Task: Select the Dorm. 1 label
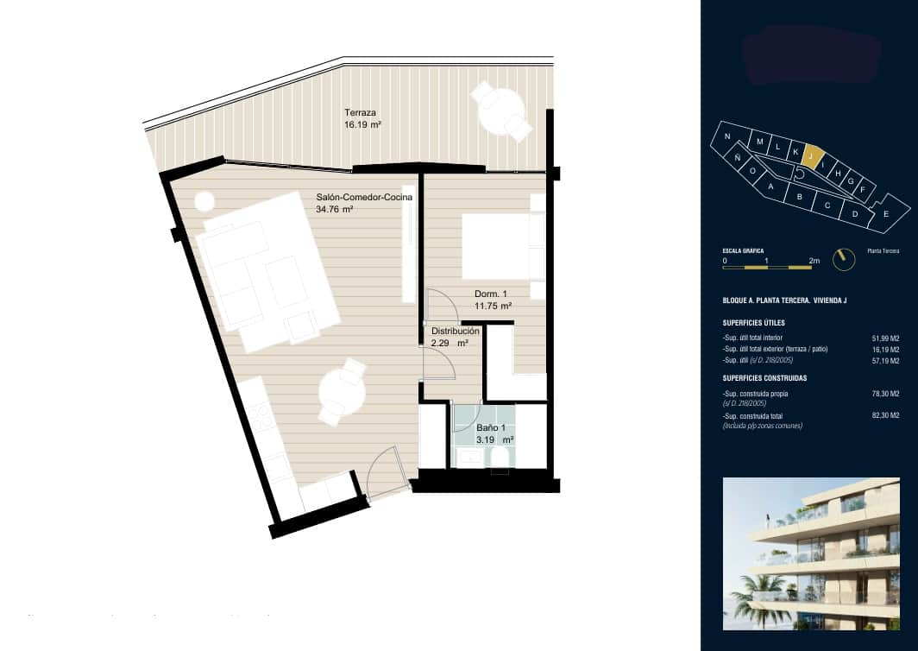(x=491, y=294)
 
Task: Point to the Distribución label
(x=455, y=331)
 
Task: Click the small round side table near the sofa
(x=204, y=201)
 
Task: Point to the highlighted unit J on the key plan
(x=811, y=155)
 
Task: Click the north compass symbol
(x=842, y=258)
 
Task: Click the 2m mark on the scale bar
(x=813, y=260)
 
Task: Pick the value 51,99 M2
(x=887, y=338)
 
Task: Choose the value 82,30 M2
(x=887, y=416)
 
